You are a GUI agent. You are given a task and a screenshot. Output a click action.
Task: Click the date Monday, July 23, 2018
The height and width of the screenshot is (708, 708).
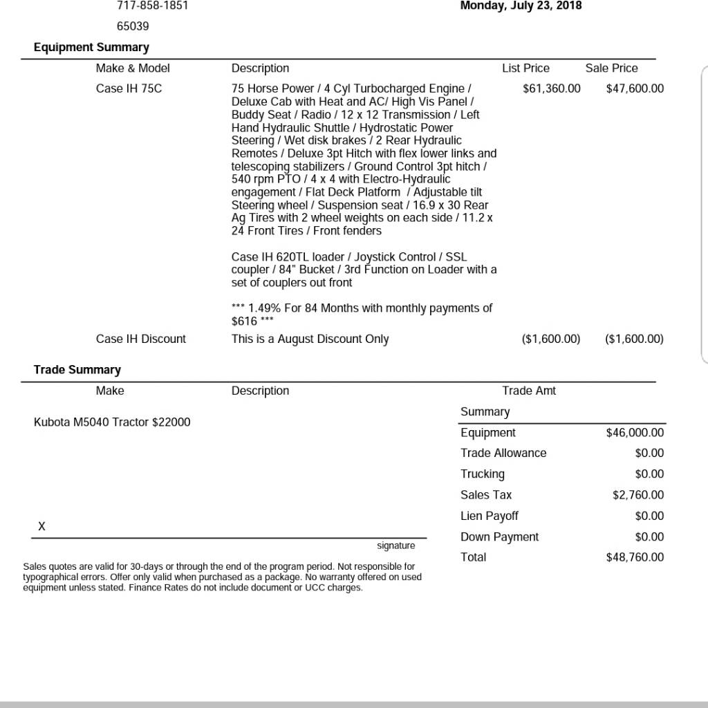[521, 6]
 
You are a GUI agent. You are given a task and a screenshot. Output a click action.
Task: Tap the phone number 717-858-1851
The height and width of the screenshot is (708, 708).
[152, 6]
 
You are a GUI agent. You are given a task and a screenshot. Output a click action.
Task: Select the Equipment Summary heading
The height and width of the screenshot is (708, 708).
[91, 47]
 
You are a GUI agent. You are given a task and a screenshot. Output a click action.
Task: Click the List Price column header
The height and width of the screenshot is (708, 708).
[525, 68]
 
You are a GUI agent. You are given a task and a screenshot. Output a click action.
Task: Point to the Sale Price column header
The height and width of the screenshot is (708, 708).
[611, 68]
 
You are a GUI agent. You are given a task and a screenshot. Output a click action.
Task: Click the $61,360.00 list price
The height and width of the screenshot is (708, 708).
[552, 88]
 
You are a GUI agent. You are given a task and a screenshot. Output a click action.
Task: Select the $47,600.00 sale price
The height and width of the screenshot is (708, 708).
[635, 88]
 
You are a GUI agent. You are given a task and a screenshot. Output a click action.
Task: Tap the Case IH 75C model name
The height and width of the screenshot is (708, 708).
[129, 88]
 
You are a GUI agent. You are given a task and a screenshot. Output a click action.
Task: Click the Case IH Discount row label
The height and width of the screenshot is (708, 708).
[141, 339]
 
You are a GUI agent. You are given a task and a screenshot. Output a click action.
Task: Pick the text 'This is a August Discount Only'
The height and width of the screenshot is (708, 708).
[310, 339]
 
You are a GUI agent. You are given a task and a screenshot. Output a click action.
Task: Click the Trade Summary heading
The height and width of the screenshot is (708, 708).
[77, 370]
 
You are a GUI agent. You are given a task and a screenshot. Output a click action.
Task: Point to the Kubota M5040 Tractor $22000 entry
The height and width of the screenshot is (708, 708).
[112, 422]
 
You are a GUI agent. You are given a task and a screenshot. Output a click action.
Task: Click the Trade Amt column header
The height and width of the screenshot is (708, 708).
[529, 391]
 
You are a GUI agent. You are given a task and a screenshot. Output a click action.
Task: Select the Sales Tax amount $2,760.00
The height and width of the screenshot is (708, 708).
[638, 495]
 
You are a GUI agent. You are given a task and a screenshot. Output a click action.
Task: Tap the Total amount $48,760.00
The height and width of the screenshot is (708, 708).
[635, 557]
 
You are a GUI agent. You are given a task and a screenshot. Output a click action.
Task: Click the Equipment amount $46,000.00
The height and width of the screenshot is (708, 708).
[635, 433]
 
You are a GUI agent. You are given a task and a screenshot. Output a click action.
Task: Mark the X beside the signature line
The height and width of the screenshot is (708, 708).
[41, 527]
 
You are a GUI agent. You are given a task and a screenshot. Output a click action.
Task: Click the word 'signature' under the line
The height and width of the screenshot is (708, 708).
[396, 546]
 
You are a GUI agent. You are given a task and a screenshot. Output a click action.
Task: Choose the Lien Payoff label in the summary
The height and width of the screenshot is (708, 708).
[490, 516]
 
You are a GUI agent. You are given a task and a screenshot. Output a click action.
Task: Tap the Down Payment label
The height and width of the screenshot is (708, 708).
[499, 537]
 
